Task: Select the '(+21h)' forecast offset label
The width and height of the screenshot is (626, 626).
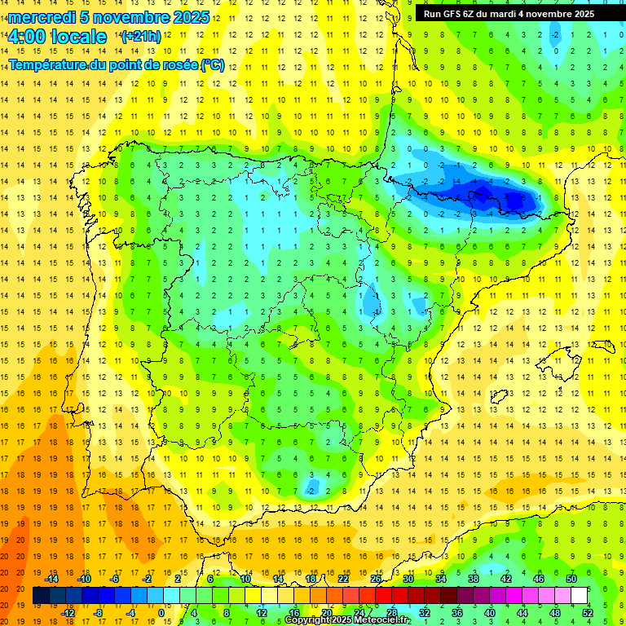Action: (x=141, y=36)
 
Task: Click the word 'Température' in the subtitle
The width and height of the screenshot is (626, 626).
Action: (x=48, y=64)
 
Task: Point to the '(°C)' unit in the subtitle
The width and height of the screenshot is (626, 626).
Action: (x=212, y=64)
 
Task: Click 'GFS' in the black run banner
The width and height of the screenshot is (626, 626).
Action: (x=452, y=14)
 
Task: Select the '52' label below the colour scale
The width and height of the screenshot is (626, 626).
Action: (x=587, y=613)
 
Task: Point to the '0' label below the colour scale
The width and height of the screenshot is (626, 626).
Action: (x=161, y=613)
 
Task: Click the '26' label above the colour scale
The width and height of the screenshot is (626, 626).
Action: (x=376, y=579)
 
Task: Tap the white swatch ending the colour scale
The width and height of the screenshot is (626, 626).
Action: (x=579, y=596)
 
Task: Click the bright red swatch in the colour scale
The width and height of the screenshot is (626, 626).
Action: (x=384, y=596)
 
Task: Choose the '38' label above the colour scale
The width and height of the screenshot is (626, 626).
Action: (x=473, y=579)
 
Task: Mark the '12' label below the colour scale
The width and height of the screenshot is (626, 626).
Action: (x=262, y=613)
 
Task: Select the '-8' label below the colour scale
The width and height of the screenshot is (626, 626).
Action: (x=99, y=613)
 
